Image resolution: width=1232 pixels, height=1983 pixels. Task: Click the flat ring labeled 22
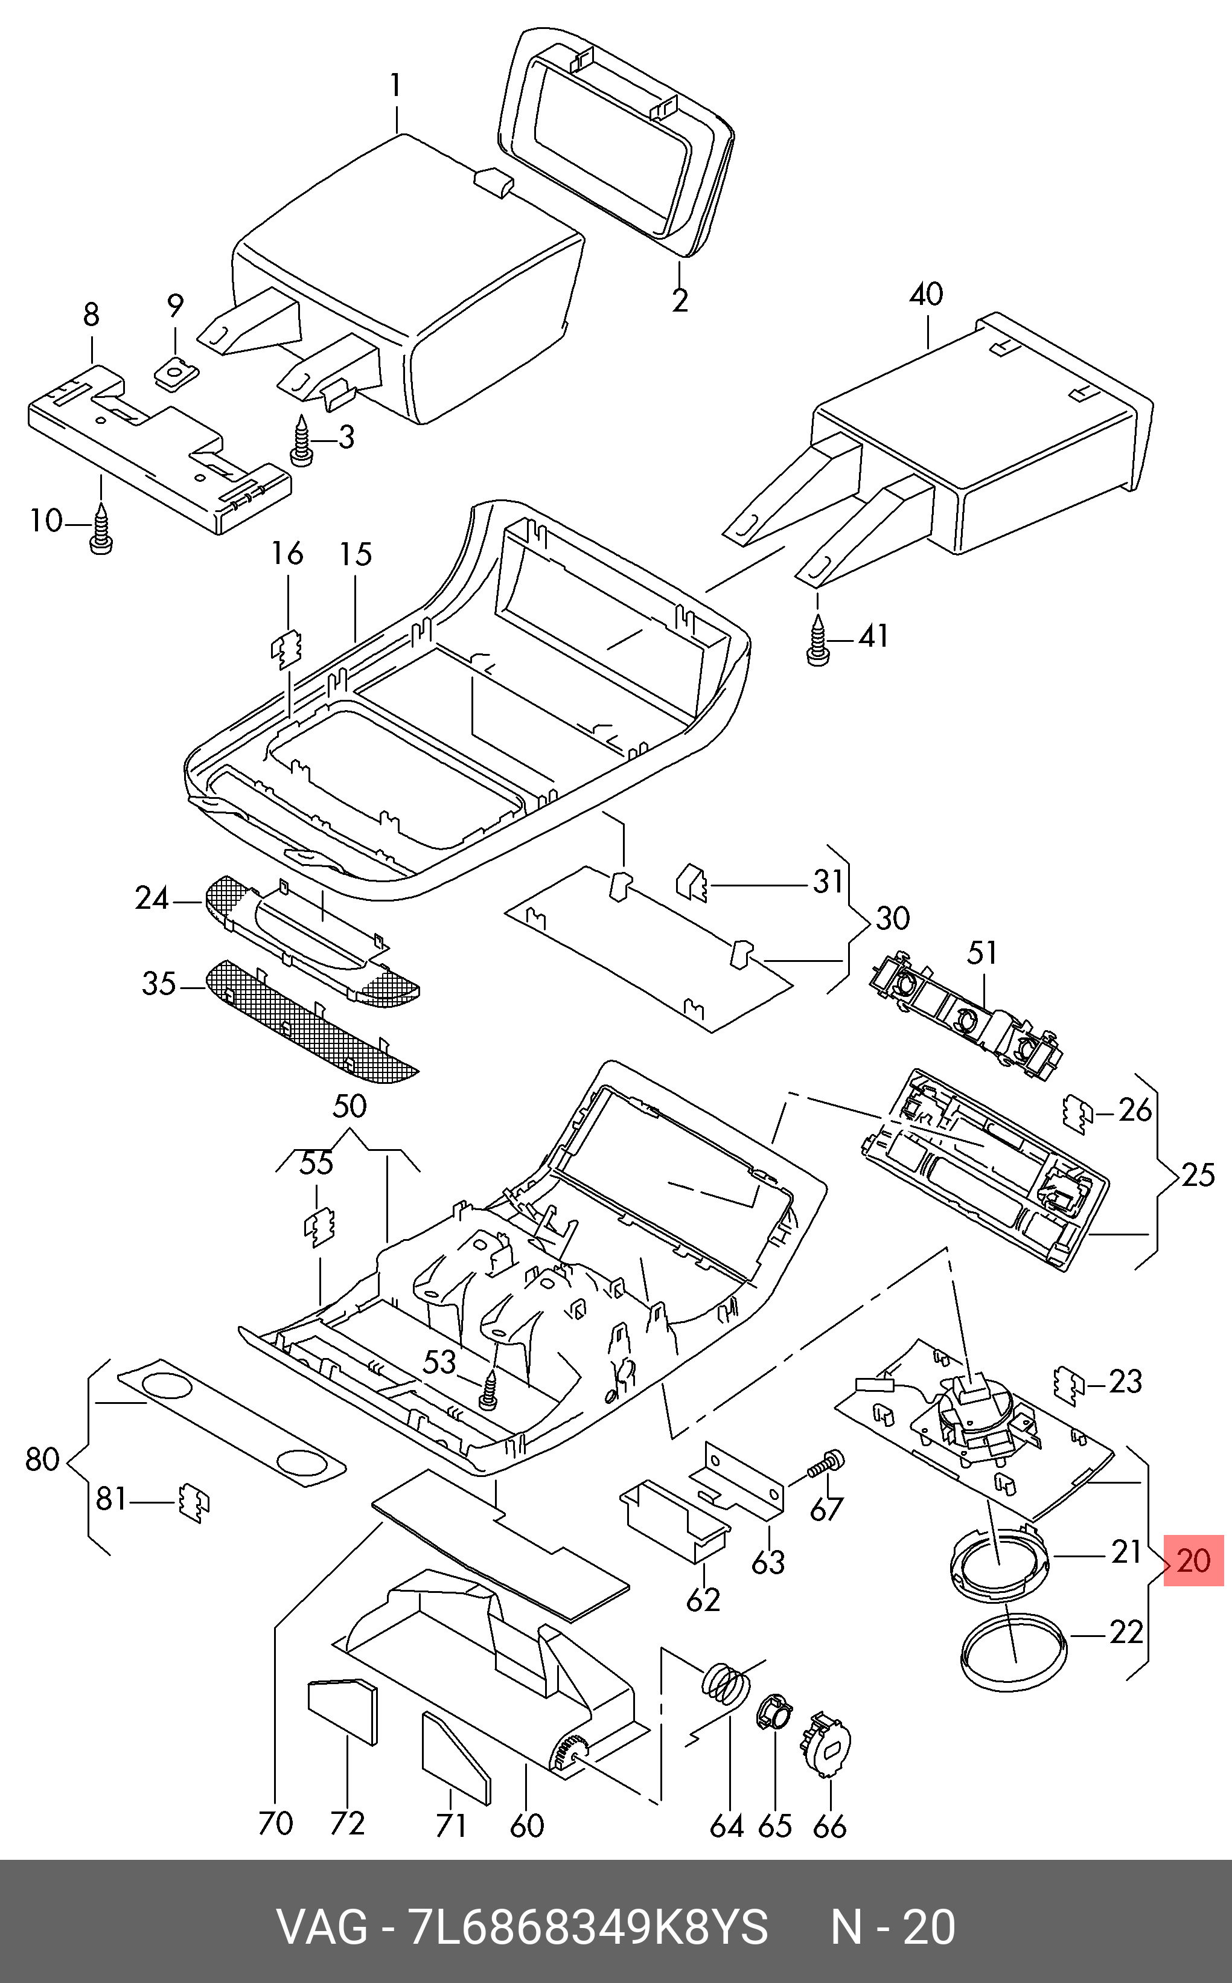pos(1013,1660)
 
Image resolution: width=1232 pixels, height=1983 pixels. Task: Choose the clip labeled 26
pos(1079,1114)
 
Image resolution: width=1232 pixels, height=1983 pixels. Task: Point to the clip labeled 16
pos(287,649)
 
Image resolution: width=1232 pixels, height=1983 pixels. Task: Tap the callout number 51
pos(983,952)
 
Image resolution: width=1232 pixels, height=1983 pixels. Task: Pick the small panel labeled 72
pos(343,1710)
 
